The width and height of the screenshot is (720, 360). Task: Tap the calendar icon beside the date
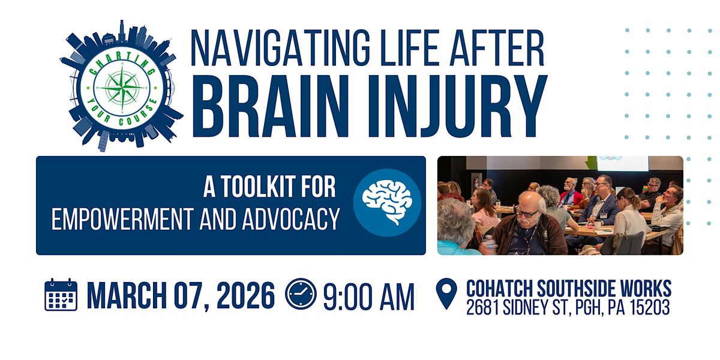coord(61,295)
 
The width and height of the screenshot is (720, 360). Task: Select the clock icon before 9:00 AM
coord(300,295)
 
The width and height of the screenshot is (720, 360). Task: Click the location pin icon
coord(446,294)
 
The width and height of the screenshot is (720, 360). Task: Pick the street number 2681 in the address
coord(485,308)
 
